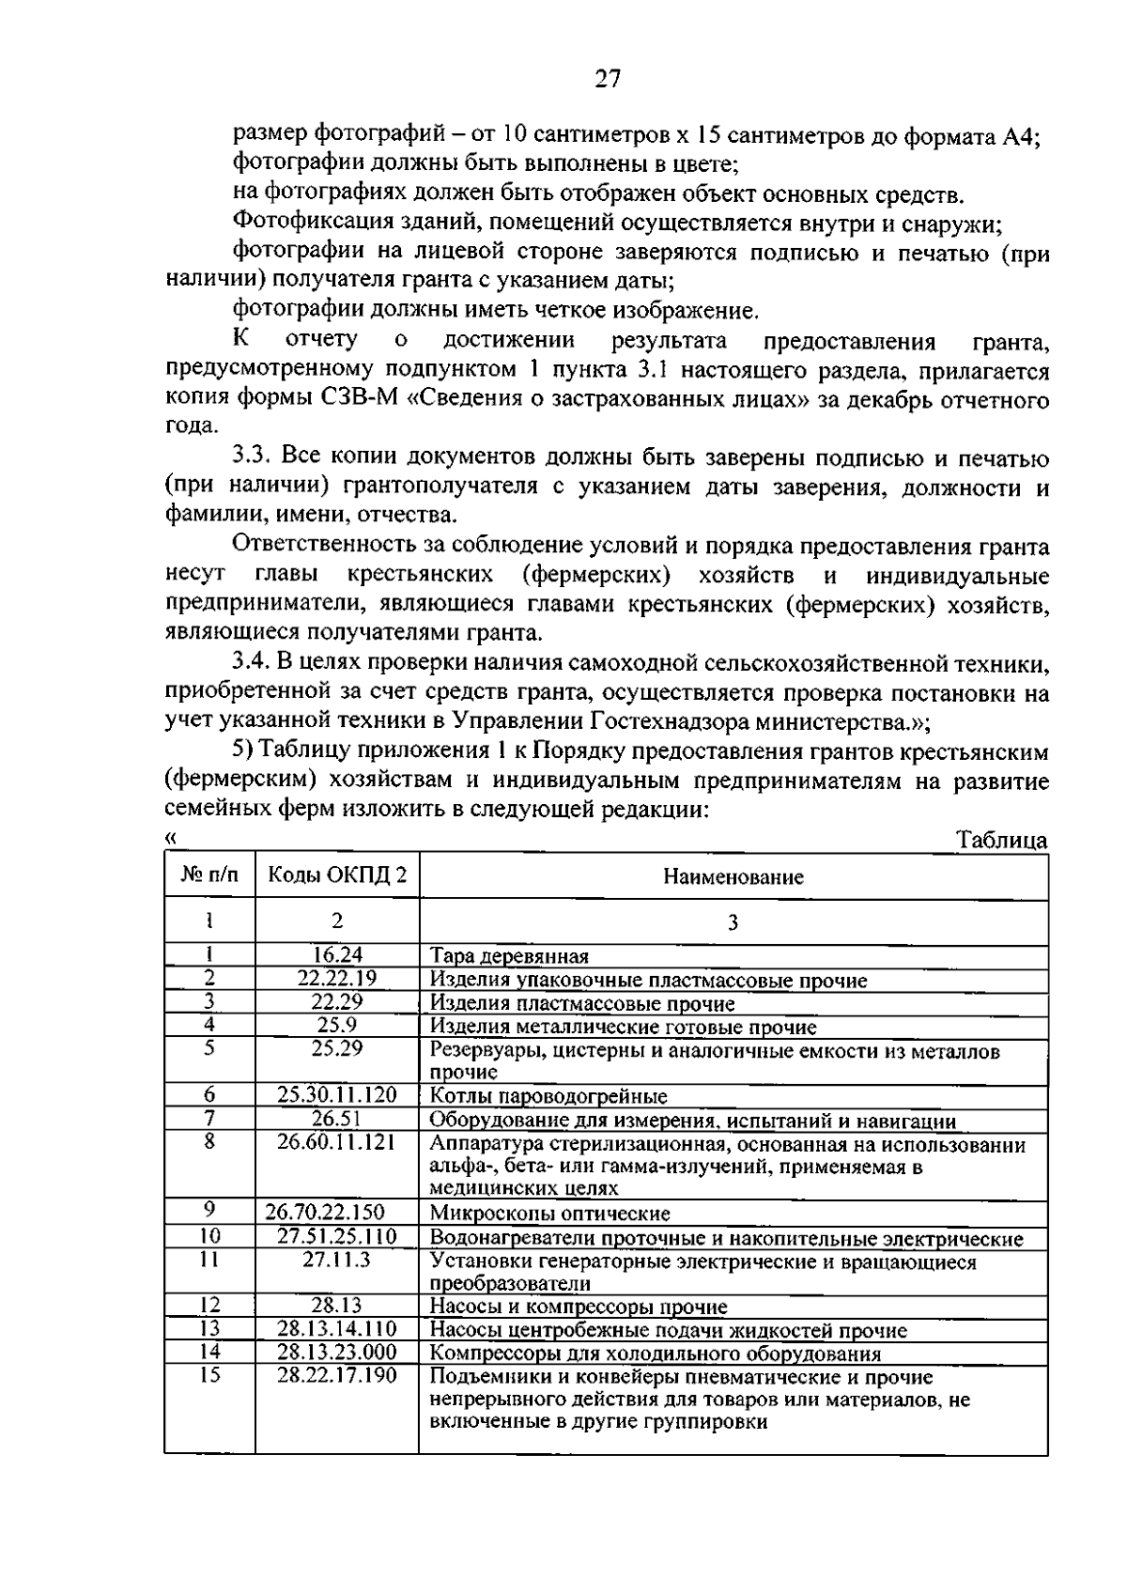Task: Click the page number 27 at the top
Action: pos(608,79)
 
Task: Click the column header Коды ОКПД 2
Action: pos(338,875)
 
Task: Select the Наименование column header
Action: pos(733,877)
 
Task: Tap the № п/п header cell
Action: pos(209,875)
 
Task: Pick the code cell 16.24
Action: pos(337,954)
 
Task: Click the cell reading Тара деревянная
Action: pos(509,956)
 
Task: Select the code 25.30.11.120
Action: pos(337,1094)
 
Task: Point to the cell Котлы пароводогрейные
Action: pos(548,1096)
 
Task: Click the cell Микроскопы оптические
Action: pos(549,1214)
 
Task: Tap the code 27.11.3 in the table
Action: pos(337,1260)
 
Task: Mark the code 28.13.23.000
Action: pos(337,1352)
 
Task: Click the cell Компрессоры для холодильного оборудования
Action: pos(656,1354)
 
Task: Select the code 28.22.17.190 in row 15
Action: pos(337,1375)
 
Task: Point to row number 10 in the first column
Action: pos(209,1235)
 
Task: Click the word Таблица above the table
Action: pos(1001,840)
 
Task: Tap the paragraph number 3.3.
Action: pos(252,457)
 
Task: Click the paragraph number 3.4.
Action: pos(252,663)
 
